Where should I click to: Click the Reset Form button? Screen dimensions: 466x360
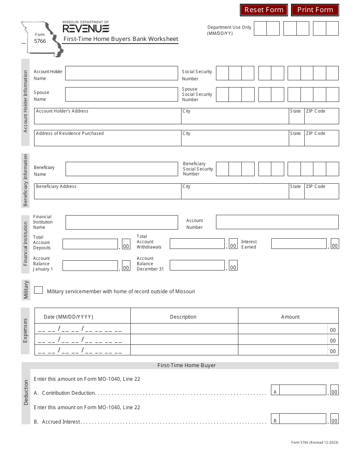click(264, 10)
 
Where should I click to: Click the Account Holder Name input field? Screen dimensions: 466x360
click(121, 73)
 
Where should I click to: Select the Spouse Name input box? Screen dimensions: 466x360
click(121, 94)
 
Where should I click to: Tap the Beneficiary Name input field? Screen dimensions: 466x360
click(121, 169)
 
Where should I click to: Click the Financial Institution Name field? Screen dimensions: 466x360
click(121, 222)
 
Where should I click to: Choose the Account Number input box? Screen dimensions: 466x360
click(277, 222)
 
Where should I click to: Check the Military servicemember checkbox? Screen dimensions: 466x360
click(38, 290)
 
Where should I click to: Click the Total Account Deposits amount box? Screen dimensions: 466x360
click(90, 244)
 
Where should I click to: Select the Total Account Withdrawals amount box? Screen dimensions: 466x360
click(197, 244)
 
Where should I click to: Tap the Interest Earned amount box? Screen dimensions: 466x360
click(299, 244)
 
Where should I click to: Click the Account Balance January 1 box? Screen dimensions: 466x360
click(90, 266)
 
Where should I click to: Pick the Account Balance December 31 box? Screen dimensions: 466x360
click(197, 265)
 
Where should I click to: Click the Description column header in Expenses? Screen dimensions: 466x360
click(183, 317)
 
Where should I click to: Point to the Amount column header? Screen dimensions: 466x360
click(290, 317)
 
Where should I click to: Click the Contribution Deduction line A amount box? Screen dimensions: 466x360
click(302, 390)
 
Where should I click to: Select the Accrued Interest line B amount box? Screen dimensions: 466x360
click(302, 419)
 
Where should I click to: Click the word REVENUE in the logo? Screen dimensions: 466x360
click(86, 29)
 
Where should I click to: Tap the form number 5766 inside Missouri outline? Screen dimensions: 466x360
click(40, 41)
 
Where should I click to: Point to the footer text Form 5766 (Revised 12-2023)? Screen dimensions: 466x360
click(315, 443)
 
